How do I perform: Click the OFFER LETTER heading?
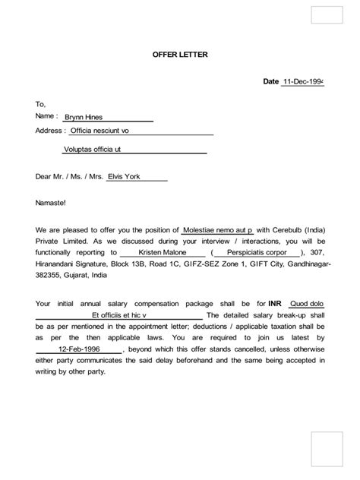(175, 55)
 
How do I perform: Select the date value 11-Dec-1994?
(303, 81)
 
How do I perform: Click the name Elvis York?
(125, 177)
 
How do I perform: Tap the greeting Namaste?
(51, 204)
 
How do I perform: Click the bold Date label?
(270, 81)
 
